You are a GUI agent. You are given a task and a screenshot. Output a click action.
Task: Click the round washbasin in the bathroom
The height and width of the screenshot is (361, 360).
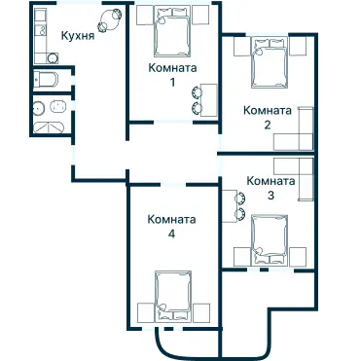[x=40, y=107]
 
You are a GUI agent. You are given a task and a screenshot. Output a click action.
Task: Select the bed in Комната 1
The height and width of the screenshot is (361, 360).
[x=173, y=35]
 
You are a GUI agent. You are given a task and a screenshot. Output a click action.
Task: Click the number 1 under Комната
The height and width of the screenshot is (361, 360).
[x=172, y=83]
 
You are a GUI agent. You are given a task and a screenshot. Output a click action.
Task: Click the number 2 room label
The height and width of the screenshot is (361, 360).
[x=267, y=125]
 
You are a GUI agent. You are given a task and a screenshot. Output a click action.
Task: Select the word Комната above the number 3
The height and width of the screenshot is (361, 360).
[x=270, y=181]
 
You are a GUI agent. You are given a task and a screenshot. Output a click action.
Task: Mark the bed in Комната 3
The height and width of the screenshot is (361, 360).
[x=268, y=238]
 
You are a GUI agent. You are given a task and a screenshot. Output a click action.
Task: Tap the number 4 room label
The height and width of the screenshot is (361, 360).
[x=171, y=234]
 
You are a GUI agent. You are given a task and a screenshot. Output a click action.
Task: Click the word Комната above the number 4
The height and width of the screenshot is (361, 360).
[x=171, y=219]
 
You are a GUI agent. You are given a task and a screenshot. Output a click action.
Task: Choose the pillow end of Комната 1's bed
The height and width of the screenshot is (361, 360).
[x=173, y=17]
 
